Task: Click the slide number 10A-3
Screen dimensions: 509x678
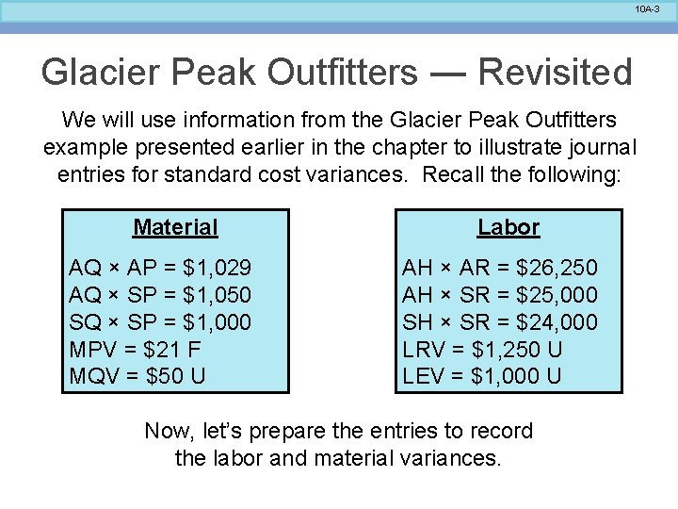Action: [x=647, y=8]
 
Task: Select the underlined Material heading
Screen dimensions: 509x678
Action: [x=175, y=227]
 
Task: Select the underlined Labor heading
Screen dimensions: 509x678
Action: [x=508, y=227]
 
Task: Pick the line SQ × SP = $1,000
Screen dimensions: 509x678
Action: [x=161, y=322]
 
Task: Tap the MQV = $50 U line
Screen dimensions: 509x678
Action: [x=137, y=376]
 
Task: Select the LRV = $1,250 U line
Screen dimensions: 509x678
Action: [x=482, y=350]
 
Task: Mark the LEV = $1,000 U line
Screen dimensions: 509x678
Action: [x=482, y=376]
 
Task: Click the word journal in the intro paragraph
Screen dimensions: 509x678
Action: [x=603, y=148]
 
